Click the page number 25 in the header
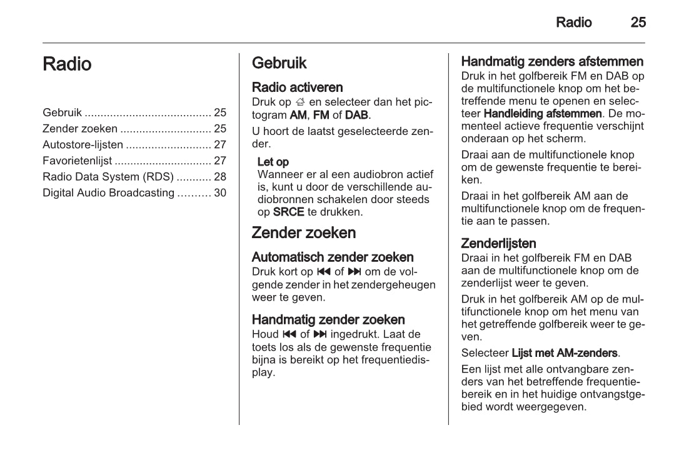(x=638, y=23)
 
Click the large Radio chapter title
(x=67, y=64)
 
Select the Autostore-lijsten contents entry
(x=83, y=145)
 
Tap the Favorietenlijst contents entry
(x=77, y=161)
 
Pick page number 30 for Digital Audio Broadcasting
(x=220, y=193)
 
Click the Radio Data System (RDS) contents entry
(x=108, y=177)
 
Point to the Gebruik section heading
(x=279, y=63)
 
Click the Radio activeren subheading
(x=297, y=87)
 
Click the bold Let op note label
(x=273, y=162)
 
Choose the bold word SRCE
(x=289, y=212)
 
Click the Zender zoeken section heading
(x=303, y=233)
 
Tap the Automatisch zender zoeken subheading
(x=332, y=257)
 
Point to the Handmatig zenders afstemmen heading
(x=552, y=62)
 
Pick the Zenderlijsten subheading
(x=498, y=243)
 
